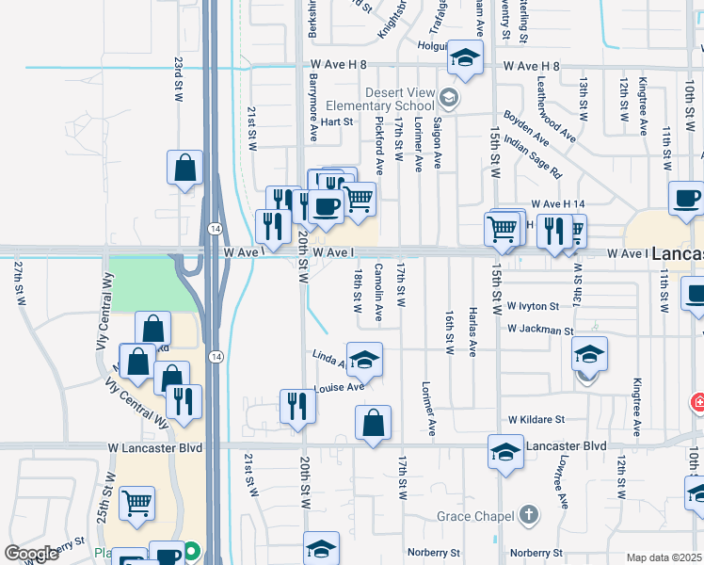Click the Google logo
[x=31, y=554]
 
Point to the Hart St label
[x=336, y=121]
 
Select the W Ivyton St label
[x=533, y=306]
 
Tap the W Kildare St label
[x=536, y=418]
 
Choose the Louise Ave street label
[x=340, y=387]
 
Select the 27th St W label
[x=18, y=283]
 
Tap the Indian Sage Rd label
[x=532, y=157]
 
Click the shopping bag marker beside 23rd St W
[x=185, y=169]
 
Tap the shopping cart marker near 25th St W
[x=137, y=505]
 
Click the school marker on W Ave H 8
[x=464, y=58]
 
